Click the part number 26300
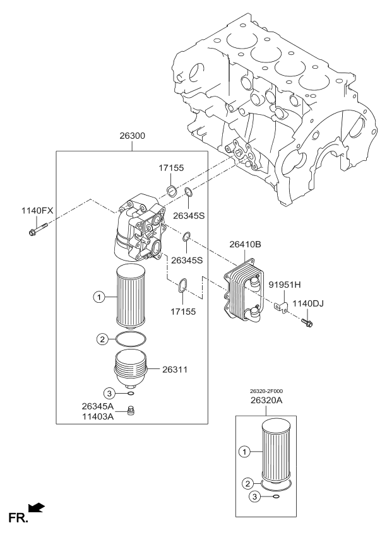[x=132, y=136]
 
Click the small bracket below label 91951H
[x=282, y=307]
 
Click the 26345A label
[x=97, y=406]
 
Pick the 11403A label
[x=97, y=418]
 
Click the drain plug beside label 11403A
[x=131, y=412]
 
